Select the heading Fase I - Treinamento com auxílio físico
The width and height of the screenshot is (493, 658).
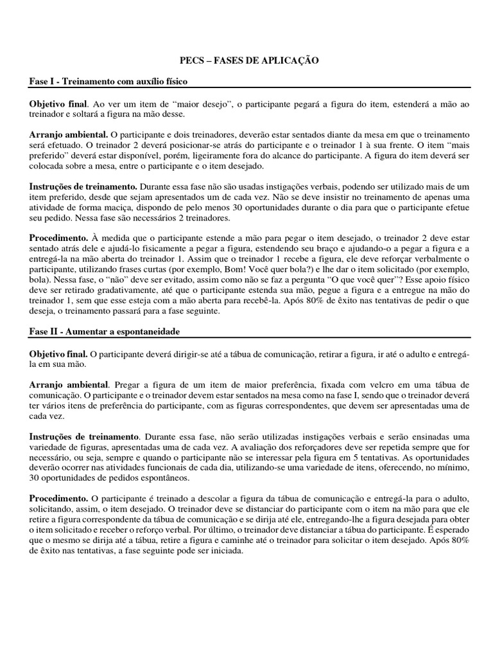click(x=108, y=82)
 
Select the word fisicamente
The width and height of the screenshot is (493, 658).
click(x=145, y=249)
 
